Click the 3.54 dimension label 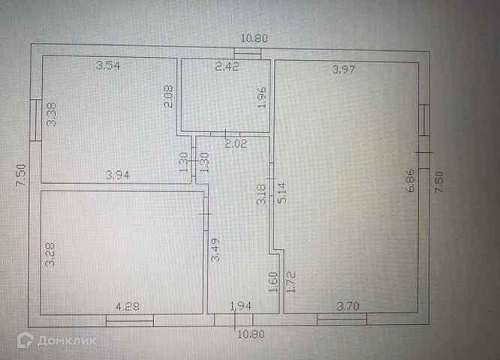coord(108,66)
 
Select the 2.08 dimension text coord(170,97)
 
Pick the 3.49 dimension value coord(215,247)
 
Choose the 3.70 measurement coord(349,306)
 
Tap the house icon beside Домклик coord(25,340)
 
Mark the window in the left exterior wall coord(36,120)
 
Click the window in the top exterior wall coord(247,52)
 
